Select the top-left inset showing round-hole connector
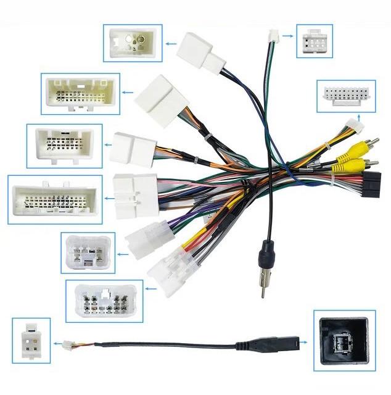click(133, 43)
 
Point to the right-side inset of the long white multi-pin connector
click(346, 95)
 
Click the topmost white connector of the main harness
click(199, 51)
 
